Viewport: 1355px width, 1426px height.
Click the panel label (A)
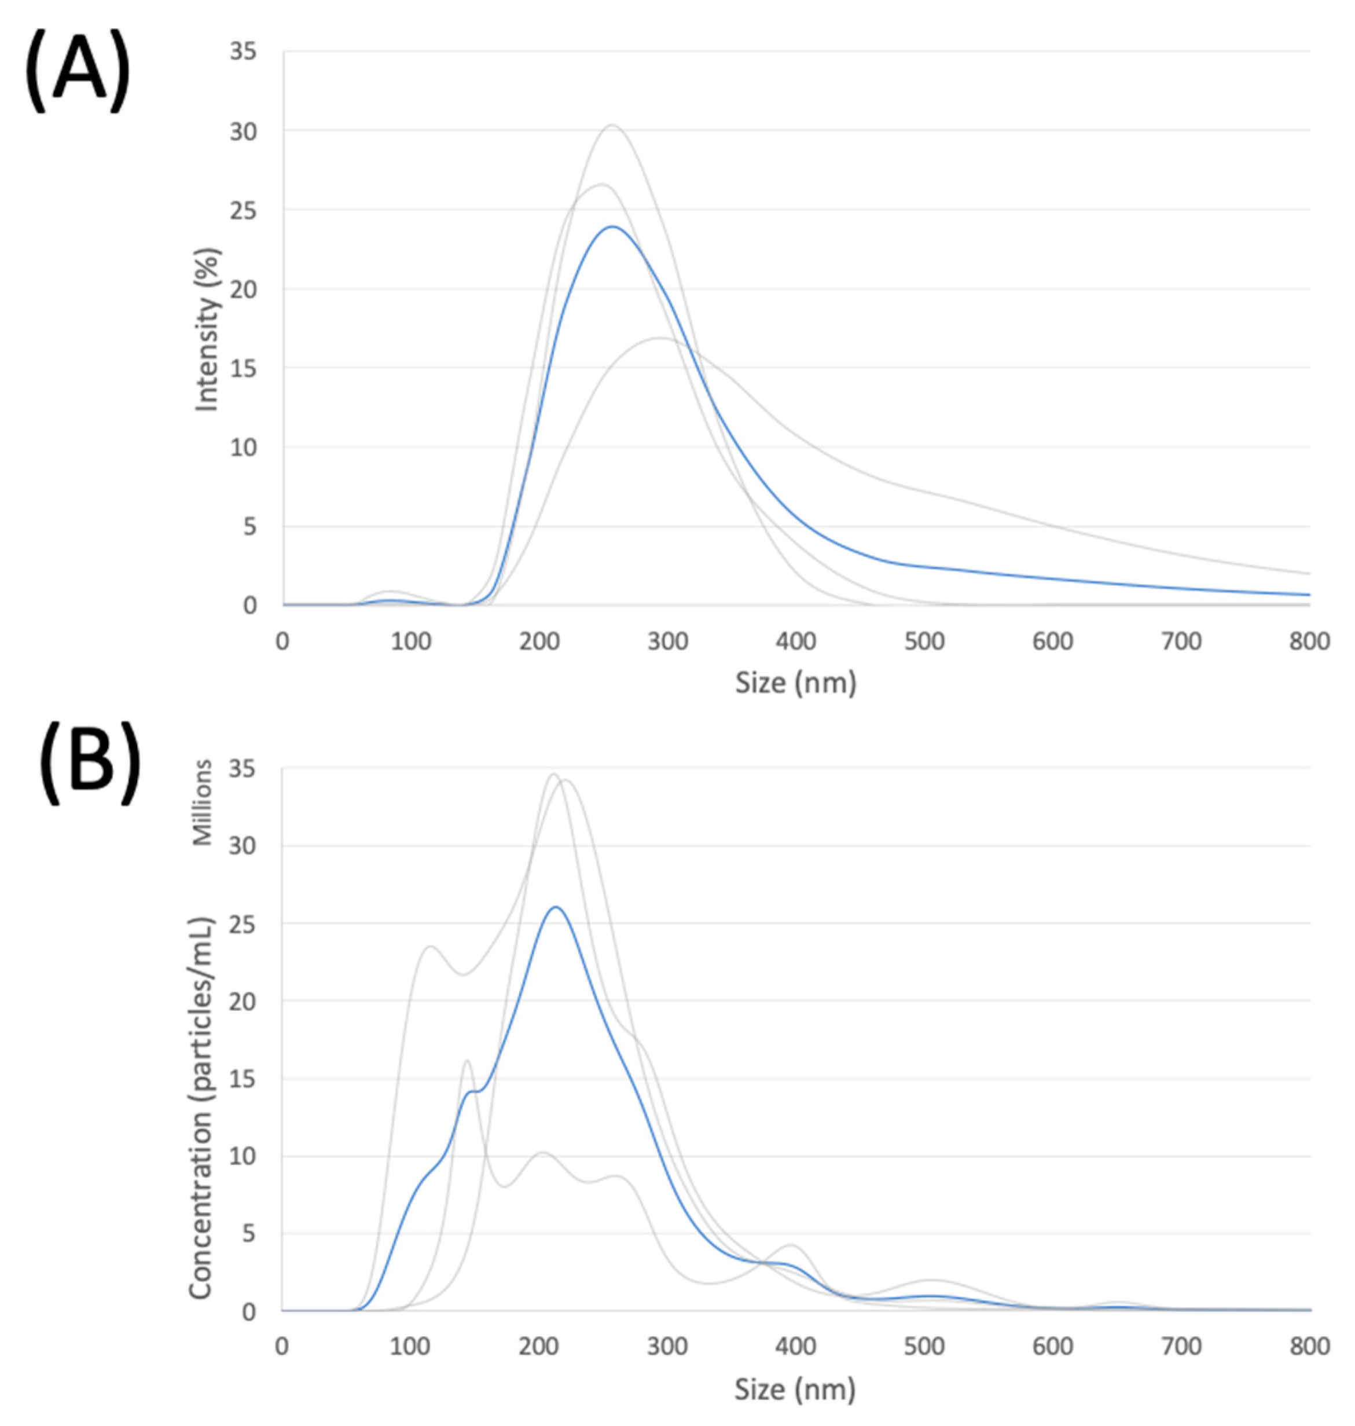coord(78,72)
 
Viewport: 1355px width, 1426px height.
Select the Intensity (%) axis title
coord(207,330)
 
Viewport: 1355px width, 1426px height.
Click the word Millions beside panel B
coord(203,802)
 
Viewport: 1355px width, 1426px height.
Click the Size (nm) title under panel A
coord(795,683)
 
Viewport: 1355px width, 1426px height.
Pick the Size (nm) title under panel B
coord(795,1388)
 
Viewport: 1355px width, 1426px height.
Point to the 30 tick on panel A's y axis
coord(244,131)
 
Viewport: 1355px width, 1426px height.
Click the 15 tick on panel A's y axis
coord(244,368)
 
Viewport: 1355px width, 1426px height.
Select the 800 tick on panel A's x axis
coord(1309,641)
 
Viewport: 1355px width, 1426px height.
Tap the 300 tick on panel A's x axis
coord(667,641)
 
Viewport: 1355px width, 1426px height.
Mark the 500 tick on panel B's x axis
coord(924,1347)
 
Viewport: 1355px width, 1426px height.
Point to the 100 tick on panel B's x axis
coord(410,1347)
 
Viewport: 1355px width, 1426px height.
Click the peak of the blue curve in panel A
coord(612,227)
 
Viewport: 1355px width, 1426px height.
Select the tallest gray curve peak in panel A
coord(612,126)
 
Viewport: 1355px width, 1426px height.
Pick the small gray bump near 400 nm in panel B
coord(792,1245)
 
